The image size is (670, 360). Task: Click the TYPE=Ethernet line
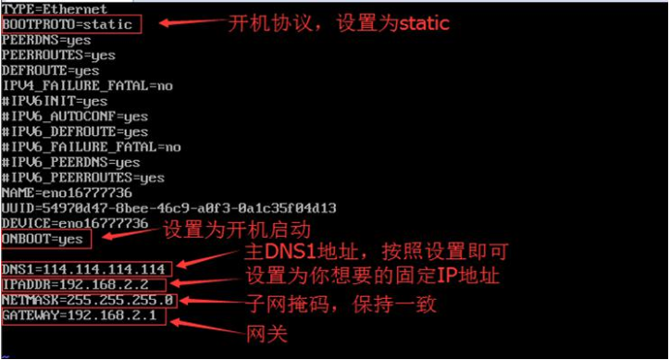pos(55,8)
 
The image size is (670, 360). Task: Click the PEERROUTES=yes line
pos(58,55)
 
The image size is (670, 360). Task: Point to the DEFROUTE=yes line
pos(50,70)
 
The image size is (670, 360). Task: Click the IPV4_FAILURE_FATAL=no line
pos(87,85)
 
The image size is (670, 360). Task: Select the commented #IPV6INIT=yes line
pos(55,101)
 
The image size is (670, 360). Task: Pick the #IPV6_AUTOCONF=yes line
pos(75,117)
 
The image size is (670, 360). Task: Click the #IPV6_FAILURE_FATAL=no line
pos(91,146)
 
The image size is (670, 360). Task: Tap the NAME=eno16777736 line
pos(67,192)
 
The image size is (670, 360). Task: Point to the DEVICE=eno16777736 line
pos(75,223)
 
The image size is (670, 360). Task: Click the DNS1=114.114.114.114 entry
pos(83,269)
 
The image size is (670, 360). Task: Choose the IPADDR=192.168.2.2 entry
pos(75,284)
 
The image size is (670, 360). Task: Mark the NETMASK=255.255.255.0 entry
pos(88,300)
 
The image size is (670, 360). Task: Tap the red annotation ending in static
pos(338,23)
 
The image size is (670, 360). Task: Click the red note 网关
pos(260,332)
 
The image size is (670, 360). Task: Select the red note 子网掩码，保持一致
pos(340,304)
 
